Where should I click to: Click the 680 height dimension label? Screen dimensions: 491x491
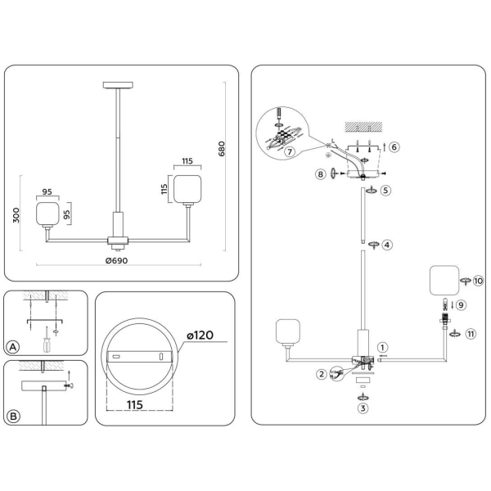pos(222,149)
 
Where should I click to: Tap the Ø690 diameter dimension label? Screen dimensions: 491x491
pos(116,260)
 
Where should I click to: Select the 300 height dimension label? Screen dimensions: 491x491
pos(16,215)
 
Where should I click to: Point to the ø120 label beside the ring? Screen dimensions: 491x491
pos(200,336)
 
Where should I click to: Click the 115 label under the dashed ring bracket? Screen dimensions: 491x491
pos(135,405)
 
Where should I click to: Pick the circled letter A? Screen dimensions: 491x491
pos(13,347)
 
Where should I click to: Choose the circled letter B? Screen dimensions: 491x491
pos(13,417)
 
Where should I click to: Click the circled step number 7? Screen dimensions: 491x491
pos(290,152)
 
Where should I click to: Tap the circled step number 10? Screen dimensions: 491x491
pos(478,281)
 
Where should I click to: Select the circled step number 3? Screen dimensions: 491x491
pos(363,408)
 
